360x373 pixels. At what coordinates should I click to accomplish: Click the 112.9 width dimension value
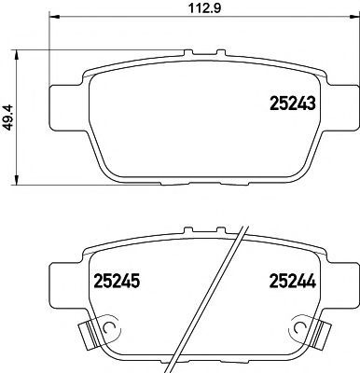click(x=205, y=8)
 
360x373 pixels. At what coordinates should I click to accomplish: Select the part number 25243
click(x=293, y=103)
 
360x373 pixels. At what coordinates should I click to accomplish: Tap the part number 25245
click(x=117, y=281)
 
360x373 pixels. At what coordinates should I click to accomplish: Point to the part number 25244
click(x=293, y=281)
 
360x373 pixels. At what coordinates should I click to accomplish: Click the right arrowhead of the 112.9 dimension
click(x=354, y=16)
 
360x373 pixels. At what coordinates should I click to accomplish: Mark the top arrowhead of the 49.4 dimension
click(x=16, y=55)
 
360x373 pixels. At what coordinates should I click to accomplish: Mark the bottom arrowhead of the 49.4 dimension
click(x=16, y=180)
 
